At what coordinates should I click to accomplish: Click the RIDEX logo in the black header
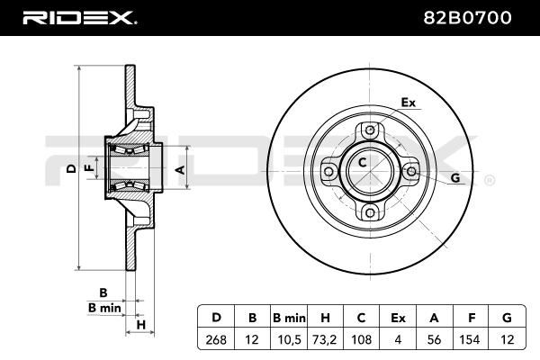coord(79,18)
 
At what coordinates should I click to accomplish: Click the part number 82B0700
coord(467,18)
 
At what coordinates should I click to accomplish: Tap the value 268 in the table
coord(216,339)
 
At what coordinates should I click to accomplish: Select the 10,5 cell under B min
coord(289,340)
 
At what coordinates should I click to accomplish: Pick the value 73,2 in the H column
coord(325,340)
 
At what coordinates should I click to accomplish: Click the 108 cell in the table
coord(361,339)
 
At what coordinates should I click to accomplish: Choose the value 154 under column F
coord(470,339)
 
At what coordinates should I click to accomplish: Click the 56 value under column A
coord(434,339)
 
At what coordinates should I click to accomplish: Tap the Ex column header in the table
coord(398,318)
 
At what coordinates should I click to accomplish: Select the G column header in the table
coord(507,318)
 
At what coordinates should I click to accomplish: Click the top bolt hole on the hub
coord(370,130)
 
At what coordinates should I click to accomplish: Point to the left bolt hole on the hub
coord(328,171)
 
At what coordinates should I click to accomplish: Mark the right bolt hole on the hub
coord(411,171)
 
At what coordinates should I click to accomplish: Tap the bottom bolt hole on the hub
coord(370,212)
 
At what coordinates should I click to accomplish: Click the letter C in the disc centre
coord(362,162)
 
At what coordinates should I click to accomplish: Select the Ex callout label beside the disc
coord(409,103)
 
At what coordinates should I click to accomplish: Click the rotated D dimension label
coord(71,168)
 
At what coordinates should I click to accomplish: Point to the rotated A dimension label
coord(180,169)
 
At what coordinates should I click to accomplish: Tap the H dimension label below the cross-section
coord(141,325)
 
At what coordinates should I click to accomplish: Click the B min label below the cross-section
coord(104,308)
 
